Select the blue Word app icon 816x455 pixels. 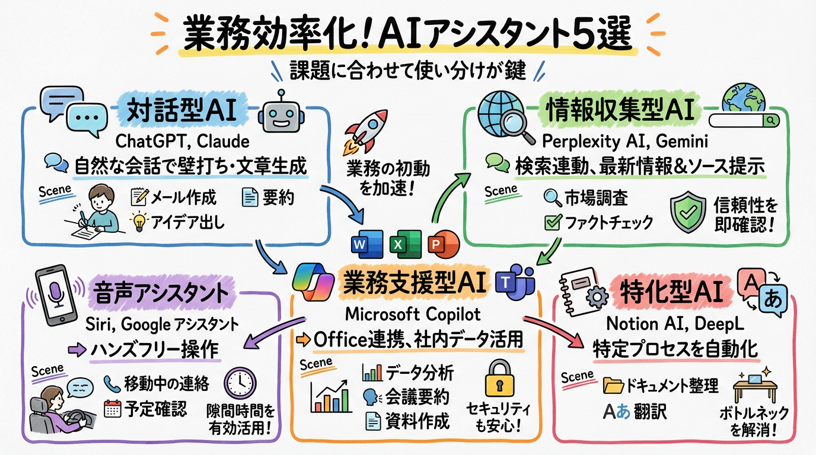(361, 243)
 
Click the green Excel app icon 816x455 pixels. (397, 243)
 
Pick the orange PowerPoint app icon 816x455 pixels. (436, 242)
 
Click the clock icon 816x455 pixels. (240, 386)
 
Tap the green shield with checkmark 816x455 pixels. (688, 213)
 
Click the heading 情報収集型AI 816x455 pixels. (623, 111)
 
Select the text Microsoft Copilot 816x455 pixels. (414, 314)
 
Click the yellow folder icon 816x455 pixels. (613, 386)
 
